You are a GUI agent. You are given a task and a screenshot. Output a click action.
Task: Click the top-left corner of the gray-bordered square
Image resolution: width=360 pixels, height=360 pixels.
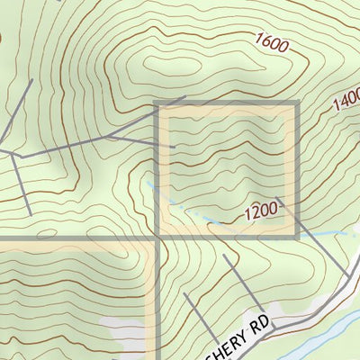158,105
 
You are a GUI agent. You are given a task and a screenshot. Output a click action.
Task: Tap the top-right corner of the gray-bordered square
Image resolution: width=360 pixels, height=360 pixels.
295,105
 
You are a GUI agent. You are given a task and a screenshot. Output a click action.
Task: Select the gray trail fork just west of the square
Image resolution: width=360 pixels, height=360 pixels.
108,137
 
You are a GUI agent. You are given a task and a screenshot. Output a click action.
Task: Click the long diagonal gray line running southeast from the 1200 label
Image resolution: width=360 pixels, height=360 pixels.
315,238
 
